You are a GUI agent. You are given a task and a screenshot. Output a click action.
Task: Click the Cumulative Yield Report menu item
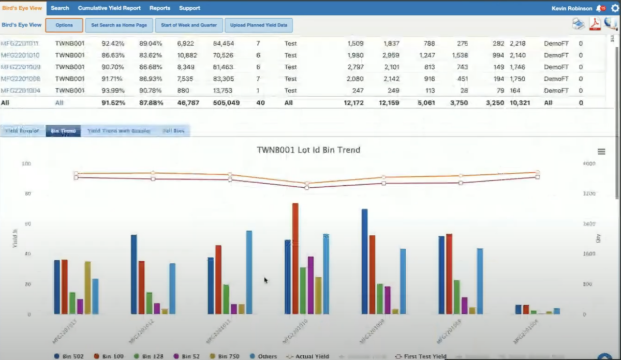109,8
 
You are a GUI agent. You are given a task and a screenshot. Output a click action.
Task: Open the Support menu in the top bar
189,8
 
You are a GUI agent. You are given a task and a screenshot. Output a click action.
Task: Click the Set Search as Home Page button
119,25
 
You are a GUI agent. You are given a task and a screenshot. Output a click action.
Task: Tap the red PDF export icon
595,24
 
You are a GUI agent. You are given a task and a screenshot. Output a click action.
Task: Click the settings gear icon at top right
615,8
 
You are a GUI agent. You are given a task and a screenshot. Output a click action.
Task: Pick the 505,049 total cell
226,103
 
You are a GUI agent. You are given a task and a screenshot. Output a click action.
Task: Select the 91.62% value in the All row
114,103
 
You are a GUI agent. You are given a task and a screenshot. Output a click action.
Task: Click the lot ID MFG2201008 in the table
21,79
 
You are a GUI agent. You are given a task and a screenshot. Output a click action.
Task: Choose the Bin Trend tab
63,131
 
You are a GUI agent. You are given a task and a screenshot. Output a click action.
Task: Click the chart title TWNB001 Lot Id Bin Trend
308,150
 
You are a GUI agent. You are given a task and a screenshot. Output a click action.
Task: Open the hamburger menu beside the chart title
601,152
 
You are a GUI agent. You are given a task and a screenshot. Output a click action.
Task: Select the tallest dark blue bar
364,261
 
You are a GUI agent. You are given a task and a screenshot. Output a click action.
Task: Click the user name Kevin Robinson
572,8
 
